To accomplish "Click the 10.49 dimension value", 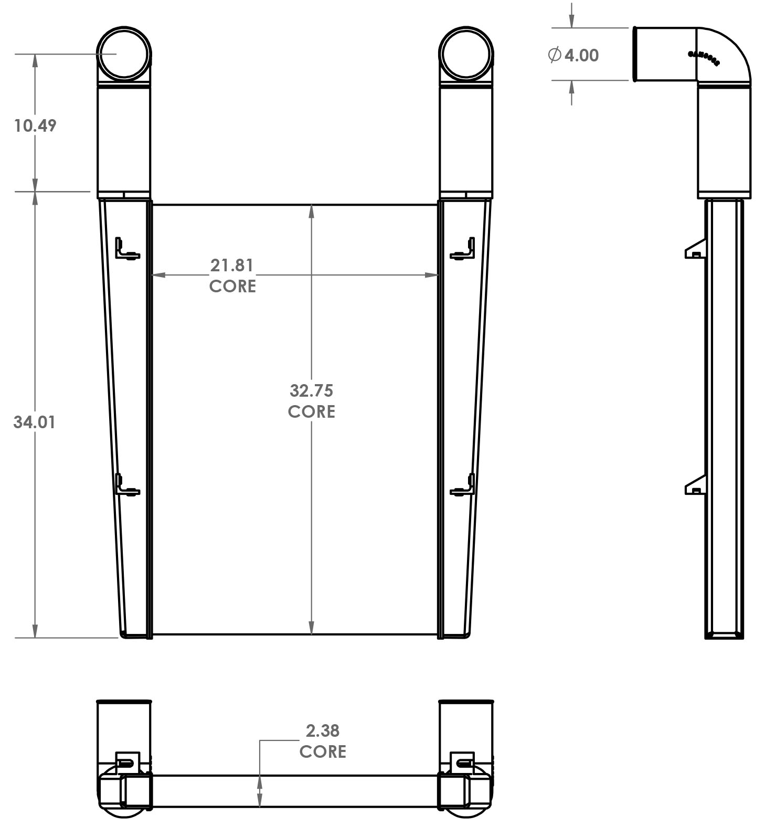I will point(35,125).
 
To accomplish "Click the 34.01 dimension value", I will point(34,422).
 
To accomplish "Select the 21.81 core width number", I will point(231,266).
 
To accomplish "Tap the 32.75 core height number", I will point(311,390).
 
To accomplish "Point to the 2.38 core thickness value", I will point(322,730).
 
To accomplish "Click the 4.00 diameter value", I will point(581,55).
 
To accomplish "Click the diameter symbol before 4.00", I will point(555,55).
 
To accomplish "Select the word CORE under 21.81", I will point(232,286).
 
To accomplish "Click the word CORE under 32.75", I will point(311,411).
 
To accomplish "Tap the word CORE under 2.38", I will point(322,751).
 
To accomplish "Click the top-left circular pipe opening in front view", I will point(124,53).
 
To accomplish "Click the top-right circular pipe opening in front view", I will point(466,53).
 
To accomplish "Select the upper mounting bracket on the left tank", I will point(126,249).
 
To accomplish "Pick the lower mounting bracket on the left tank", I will point(126,485).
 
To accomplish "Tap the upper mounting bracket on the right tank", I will point(464,249).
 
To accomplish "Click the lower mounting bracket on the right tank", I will point(464,485).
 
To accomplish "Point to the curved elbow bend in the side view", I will point(727,52).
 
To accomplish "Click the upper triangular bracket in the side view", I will point(696,249).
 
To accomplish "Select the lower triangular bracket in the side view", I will point(696,485).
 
